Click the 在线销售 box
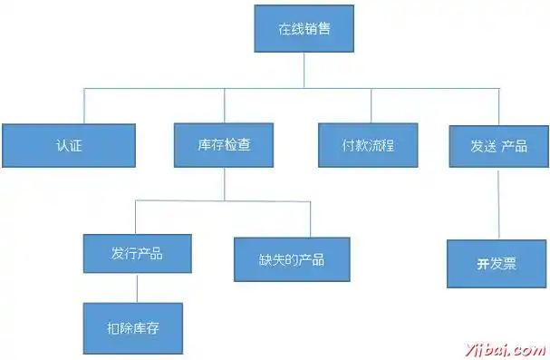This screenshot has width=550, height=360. click(304, 29)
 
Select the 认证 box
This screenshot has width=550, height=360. click(68, 144)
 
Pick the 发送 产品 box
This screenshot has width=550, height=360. click(497, 144)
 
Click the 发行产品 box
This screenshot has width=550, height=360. click(137, 254)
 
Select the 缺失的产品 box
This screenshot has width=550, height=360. click(292, 259)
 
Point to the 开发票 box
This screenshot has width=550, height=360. click(497, 263)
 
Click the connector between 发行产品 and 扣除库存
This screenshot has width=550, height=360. click(137, 287)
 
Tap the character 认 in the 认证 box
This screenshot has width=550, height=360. click(61, 145)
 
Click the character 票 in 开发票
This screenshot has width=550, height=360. click(510, 264)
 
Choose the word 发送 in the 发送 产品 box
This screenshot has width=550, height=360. click(482, 145)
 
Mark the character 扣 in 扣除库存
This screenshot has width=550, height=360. click(114, 327)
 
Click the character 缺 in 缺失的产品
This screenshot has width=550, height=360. click(265, 259)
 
